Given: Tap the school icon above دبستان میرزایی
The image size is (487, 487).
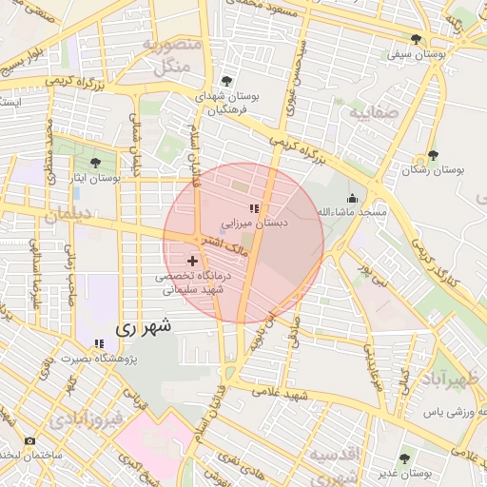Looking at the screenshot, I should point(253,208).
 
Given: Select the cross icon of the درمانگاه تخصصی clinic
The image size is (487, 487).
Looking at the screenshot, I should point(193,260).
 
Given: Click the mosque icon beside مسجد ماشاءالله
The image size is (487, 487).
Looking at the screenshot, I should point(353,198).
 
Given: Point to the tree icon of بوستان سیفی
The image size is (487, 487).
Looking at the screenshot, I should point(417,39).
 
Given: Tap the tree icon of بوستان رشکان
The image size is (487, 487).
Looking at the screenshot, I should point(434,154).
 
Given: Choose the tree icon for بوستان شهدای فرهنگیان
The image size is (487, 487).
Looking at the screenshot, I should point(225,81).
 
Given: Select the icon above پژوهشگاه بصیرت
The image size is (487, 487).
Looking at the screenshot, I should point(99,343).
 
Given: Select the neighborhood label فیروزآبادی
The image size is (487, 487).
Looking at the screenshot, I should point(86,419).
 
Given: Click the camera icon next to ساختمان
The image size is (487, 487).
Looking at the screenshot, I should point(29,441).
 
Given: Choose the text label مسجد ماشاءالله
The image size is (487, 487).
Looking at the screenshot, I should point(352,211).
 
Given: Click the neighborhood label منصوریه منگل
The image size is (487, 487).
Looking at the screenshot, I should point(172,55).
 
